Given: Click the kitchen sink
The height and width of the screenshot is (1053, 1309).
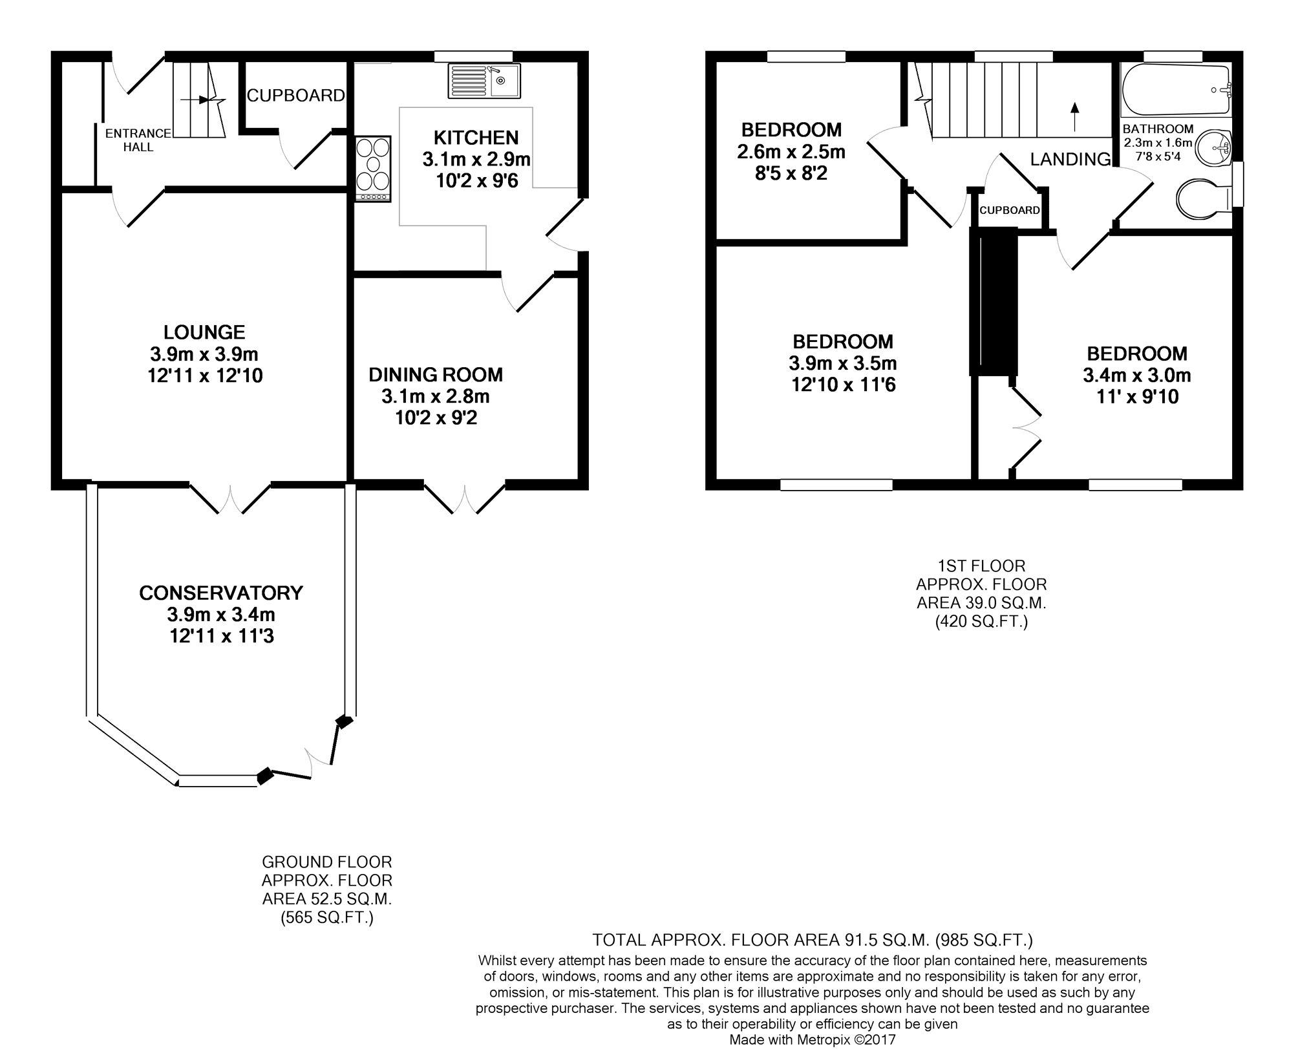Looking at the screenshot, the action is point(484,81).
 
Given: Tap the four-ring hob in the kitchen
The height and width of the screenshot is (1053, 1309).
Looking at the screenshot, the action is point(373,169).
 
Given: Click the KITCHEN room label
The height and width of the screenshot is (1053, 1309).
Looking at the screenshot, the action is point(476,138).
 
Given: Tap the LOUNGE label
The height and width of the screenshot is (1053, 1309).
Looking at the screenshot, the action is point(204,332).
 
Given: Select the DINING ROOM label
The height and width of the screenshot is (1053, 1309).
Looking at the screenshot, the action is point(436,375).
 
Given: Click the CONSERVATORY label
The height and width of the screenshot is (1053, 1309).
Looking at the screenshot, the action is point(221,593).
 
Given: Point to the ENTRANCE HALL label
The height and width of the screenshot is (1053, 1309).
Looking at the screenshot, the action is point(138,140).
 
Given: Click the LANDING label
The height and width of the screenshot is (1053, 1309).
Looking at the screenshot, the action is point(1070,159).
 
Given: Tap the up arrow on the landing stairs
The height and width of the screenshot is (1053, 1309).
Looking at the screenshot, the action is point(1075,116).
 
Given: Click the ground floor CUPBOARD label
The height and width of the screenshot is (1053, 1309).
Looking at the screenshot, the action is point(296,96).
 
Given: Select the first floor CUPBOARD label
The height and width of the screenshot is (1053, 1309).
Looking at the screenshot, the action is point(1010,210).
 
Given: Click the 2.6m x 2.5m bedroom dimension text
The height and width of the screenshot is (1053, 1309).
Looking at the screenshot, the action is point(791,152).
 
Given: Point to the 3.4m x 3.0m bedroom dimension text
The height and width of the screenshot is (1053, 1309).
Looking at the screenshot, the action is point(1137,375).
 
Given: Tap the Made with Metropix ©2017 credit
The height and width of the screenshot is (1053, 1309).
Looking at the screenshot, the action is point(813,1040).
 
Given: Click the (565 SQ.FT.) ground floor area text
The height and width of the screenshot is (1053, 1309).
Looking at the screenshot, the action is point(327,917).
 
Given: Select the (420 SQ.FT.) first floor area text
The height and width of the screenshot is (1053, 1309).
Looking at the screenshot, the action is point(981,621).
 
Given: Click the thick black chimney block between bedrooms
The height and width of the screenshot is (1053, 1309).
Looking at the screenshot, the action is point(994,301).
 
